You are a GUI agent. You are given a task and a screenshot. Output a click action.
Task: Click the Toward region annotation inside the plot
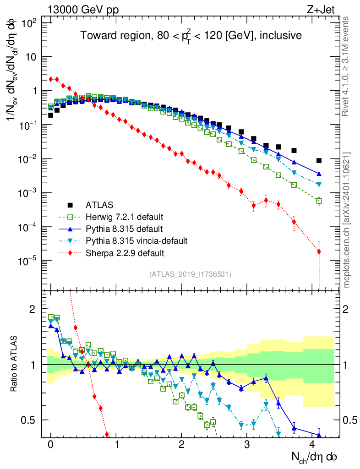pyautogui.click(x=191, y=36)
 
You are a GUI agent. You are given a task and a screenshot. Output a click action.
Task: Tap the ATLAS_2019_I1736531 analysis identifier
pyautogui.click(x=190, y=274)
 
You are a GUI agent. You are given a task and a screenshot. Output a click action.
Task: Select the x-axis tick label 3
pyautogui.click(x=247, y=444)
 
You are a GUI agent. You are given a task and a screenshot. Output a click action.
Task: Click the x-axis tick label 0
pyautogui.click(x=51, y=444)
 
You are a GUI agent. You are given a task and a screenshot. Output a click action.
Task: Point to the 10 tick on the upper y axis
pyautogui.click(x=32, y=57)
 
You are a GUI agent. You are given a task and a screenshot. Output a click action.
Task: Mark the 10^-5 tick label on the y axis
pyautogui.click(x=28, y=261)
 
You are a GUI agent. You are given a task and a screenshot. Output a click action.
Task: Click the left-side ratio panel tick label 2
pyautogui.click(x=32, y=309)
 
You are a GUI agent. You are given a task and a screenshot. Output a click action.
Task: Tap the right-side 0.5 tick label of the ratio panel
pyautogui.click(x=350, y=420)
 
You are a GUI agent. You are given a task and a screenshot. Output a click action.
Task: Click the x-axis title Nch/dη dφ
pyautogui.click(x=315, y=456)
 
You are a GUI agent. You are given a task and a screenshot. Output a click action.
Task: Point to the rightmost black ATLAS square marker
pyautogui.click(x=319, y=161)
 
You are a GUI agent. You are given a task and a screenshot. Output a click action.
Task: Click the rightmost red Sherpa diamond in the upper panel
pyautogui.click(x=319, y=251)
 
